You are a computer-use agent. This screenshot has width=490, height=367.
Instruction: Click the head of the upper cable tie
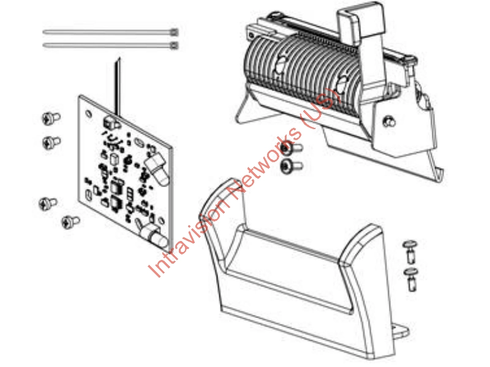176,31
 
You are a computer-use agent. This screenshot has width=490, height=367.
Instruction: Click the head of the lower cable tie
176,45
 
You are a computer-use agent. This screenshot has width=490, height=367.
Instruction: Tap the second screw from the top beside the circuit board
50,142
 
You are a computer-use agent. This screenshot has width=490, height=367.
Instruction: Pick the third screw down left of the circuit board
48,202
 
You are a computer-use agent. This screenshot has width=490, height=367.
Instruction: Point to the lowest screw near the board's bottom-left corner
70,221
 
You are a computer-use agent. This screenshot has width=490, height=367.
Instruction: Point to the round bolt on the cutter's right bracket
387,122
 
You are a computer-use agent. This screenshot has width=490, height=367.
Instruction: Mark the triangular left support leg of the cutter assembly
244,106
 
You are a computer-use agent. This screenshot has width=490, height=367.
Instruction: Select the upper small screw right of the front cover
410,249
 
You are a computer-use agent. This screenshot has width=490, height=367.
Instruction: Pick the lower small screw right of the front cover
412,278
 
